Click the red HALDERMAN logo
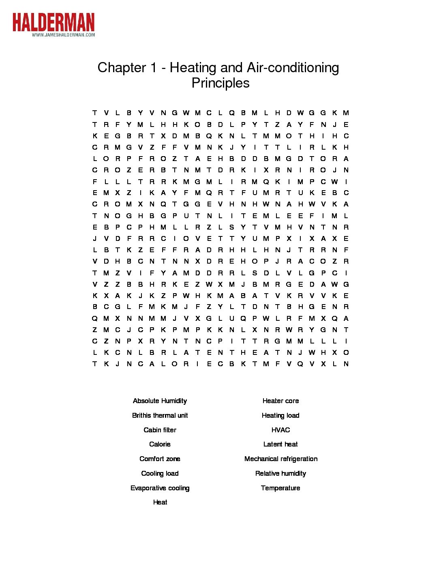[53, 22]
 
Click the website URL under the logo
[63, 35]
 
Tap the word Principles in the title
[220, 83]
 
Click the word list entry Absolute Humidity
[160, 401]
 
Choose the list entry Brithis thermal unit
[160, 415]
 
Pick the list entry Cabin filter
[160, 430]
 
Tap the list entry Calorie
[160, 444]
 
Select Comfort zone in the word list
[160, 459]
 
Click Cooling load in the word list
[160, 473]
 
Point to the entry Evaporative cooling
[160, 488]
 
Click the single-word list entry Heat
[160, 502]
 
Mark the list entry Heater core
[280, 401]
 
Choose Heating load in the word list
[280, 415]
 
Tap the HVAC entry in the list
[280, 430]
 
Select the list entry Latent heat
[280, 444]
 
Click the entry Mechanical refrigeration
[281, 459]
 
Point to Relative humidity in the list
[280, 473]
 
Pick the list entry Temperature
[280, 488]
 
